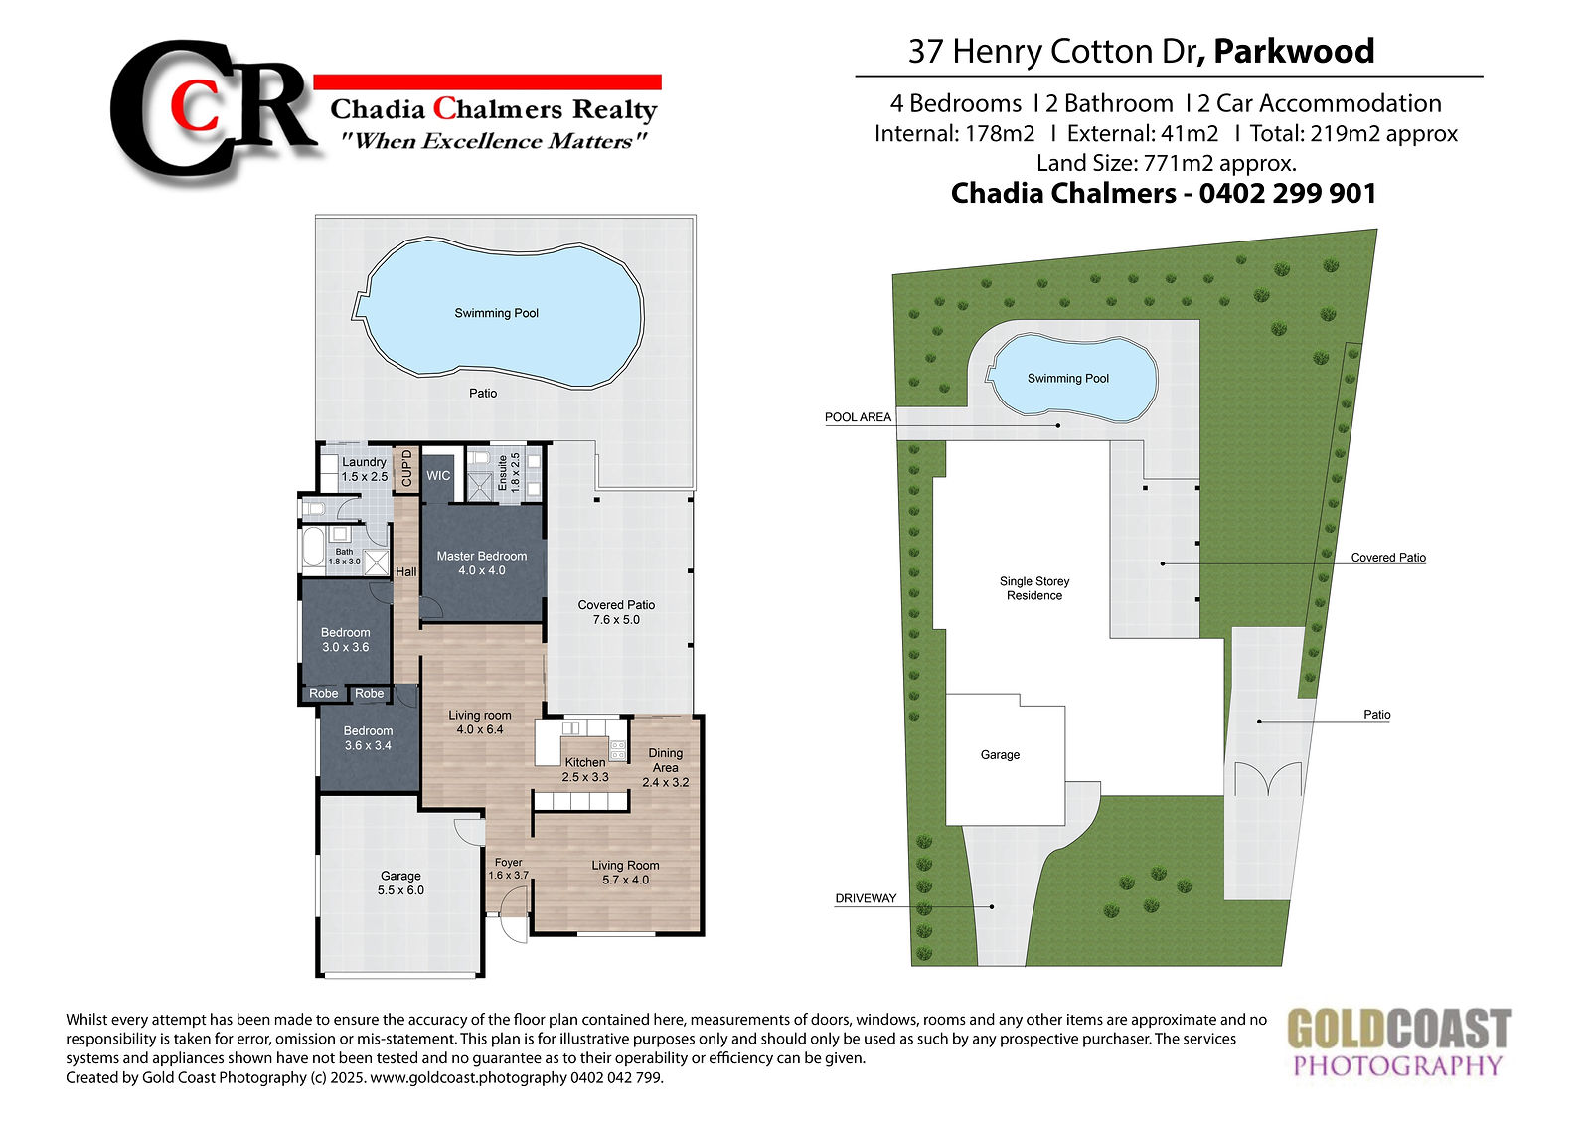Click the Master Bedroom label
coord(482,563)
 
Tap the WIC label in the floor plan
coord(438,476)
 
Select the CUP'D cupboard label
coord(406,468)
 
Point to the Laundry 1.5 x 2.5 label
coord(364,469)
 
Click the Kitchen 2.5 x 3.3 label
coord(585,769)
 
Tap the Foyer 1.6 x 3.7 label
coord(508,869)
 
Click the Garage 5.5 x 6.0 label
coord(400,883)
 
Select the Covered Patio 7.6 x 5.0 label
coord(616,612)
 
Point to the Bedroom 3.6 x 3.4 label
coord(368,737)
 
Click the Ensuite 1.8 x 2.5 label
coord(508,473)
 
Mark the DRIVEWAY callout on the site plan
coord(866,898)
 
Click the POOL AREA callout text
coord(858,417)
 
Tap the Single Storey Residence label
coord(1034,588)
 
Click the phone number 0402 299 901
coord(1288,193)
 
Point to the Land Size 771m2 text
coord(1167,163)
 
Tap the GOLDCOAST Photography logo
coord(1399,1042)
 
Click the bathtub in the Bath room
coord(313,551)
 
